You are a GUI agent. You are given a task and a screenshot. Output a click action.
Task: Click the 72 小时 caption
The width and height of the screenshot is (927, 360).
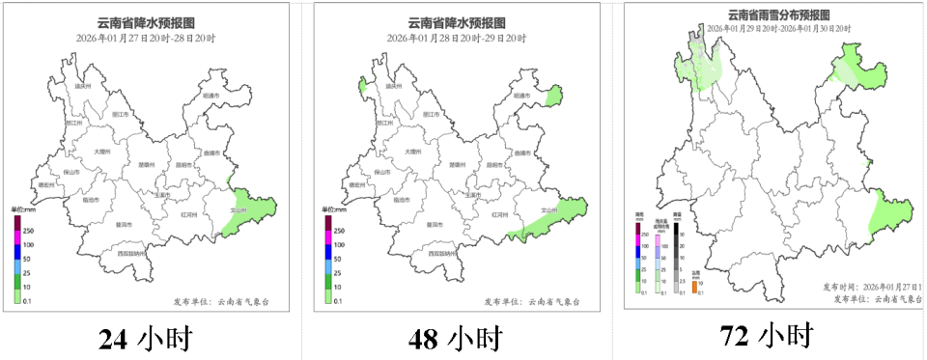point(766,336)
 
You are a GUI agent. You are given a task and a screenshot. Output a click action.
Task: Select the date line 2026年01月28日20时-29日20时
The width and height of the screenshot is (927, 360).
point(456,38)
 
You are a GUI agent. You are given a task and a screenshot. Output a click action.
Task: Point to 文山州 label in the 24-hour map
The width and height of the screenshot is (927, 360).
point(239,209)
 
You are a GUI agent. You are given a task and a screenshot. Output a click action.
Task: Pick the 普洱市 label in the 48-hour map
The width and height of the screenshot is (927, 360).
point(435,224)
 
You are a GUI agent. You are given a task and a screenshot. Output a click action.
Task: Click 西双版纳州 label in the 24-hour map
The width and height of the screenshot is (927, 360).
point(131,254)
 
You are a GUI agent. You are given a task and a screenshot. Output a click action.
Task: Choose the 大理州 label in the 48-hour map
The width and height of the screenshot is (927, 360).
point(413,152)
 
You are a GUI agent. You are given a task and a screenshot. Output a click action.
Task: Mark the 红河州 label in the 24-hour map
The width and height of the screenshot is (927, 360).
point(189,213)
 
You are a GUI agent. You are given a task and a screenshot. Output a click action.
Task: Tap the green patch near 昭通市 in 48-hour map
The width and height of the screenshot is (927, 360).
point(553,97)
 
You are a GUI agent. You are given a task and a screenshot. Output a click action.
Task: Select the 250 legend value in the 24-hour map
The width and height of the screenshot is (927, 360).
point(28,231)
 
